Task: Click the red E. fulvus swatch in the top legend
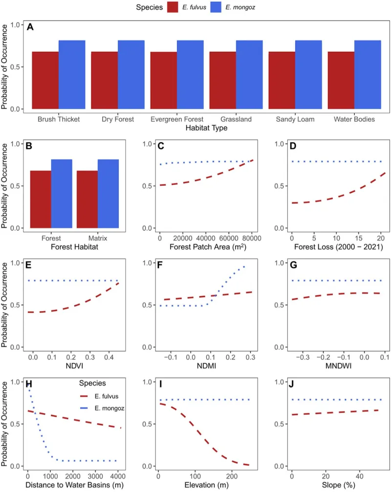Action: tap(174, 7)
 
